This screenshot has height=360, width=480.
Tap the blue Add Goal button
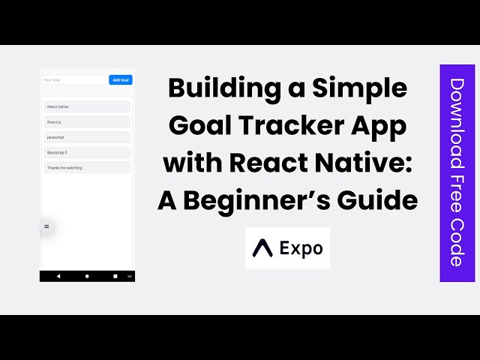[121, 79]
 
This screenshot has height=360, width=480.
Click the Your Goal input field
[74, 79]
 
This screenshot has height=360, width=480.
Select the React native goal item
[87, 107]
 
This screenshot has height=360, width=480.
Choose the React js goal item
[87, 122]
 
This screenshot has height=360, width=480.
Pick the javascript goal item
[87, 137]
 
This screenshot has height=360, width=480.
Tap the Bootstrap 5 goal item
[87, 152]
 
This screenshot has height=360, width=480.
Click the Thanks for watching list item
[87, 168]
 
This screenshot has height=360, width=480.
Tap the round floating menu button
[46, 226]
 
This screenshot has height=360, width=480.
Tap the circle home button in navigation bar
[87, 276]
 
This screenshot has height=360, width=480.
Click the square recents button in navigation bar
[115, 276]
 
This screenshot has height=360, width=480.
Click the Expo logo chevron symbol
[262, 247]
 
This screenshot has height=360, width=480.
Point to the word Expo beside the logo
[301, 247]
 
